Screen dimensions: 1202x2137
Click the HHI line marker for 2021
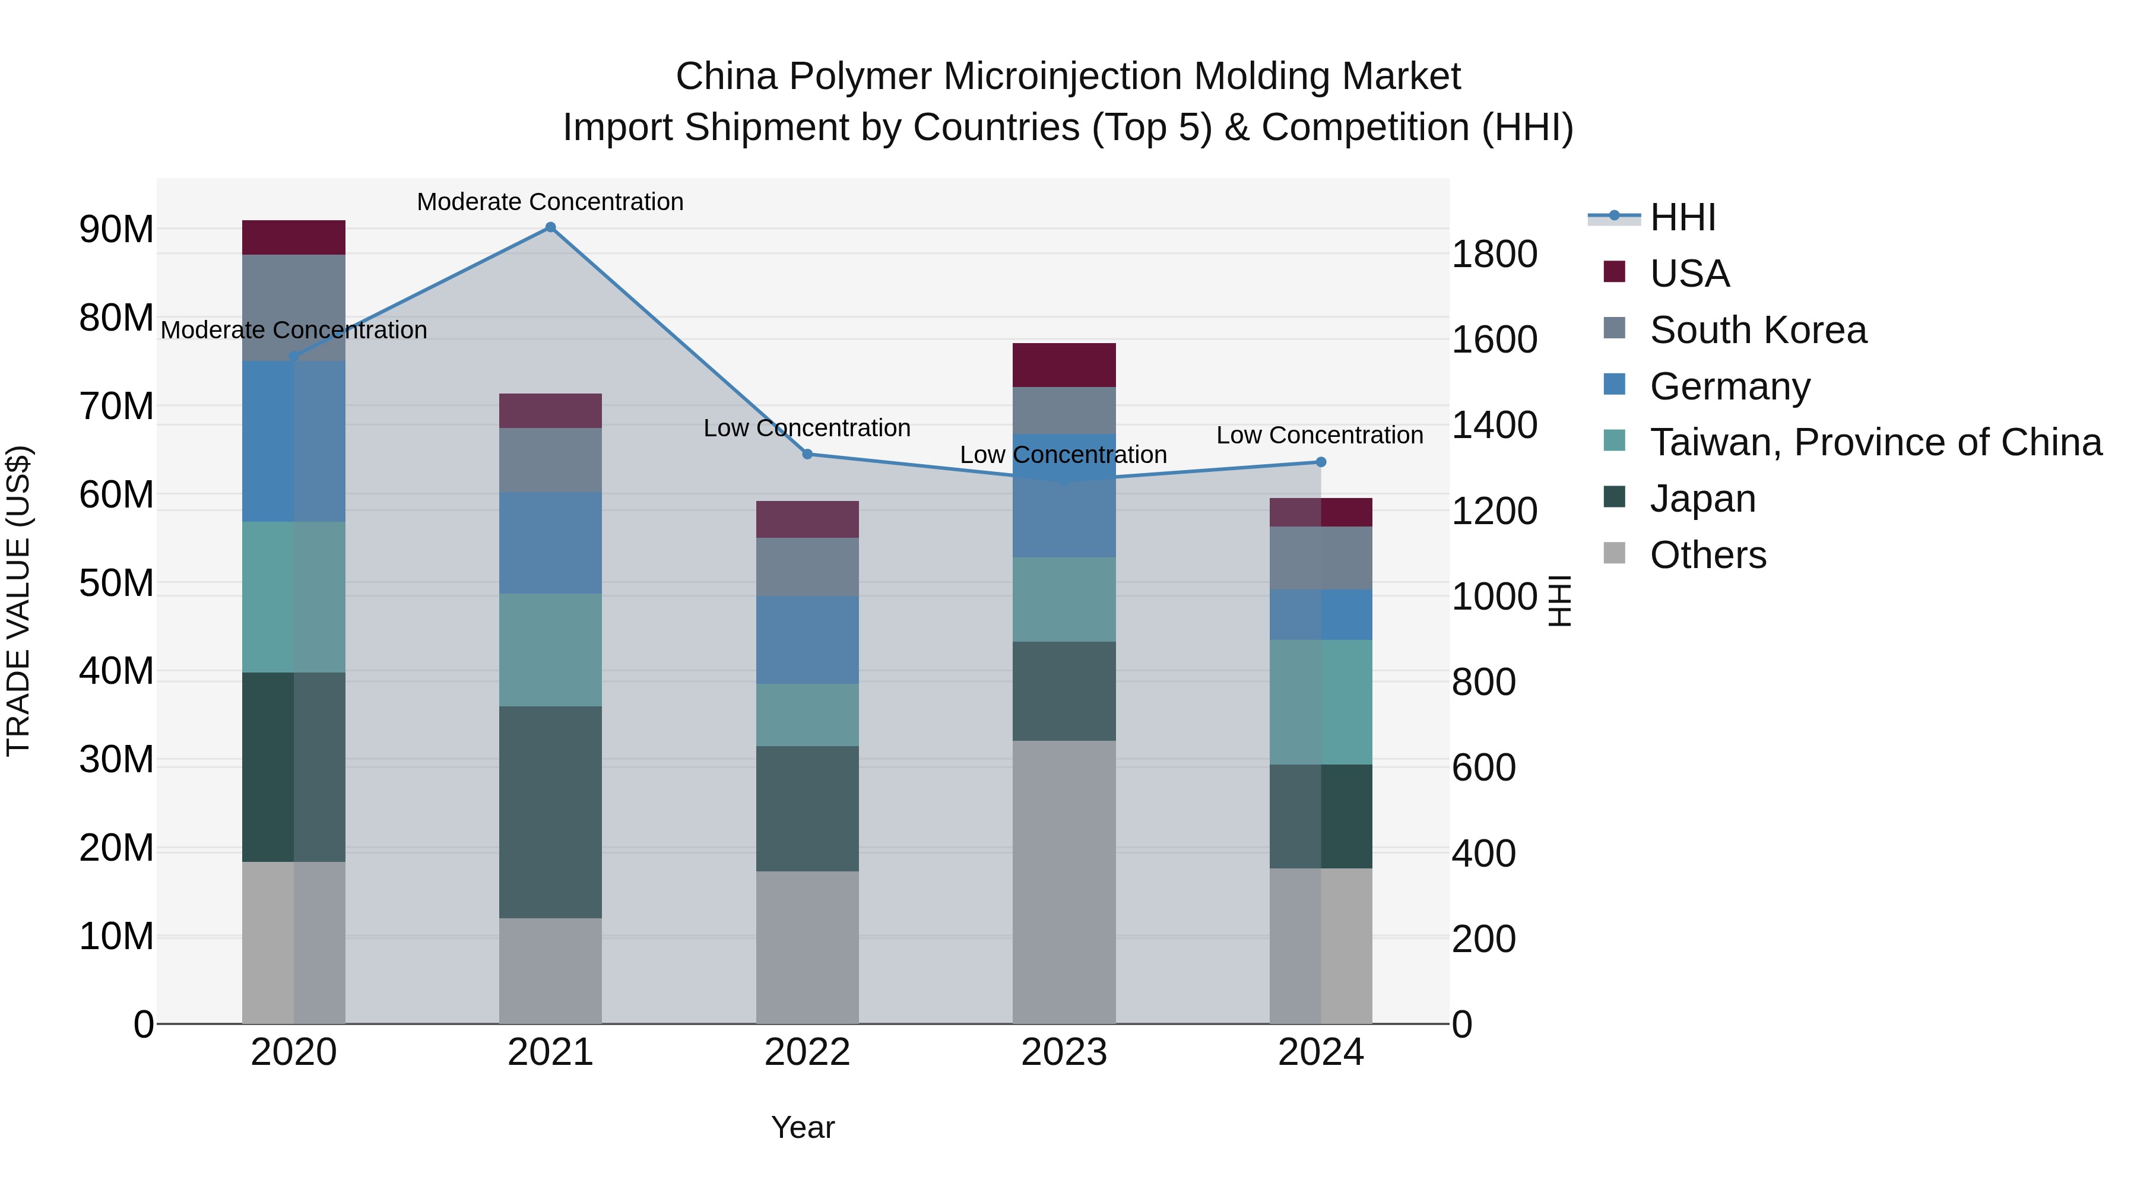click(550, 227)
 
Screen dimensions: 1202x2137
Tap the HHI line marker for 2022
click(807, 453)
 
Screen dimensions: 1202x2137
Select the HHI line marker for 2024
click(1321, 462)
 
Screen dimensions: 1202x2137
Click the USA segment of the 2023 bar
click(1064, 365)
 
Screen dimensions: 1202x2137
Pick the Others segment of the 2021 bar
click(550, 971)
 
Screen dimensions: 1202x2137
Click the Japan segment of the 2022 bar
click(807, 809)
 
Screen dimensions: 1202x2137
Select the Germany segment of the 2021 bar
click(550, 543)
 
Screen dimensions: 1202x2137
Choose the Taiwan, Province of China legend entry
click(1875, 442)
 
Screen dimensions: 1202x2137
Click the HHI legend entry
click(1682, 217)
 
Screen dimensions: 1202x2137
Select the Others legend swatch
click(1615, 553)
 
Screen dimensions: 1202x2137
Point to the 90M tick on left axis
click(116, 230)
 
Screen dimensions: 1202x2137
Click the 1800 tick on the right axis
click(1494, 254)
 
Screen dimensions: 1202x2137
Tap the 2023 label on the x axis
click(1064, 1052)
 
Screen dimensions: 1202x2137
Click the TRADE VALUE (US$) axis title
click(18, 601)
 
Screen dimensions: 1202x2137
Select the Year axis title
click(802, 1127)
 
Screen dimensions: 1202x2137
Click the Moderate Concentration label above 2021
click(550, 202)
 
